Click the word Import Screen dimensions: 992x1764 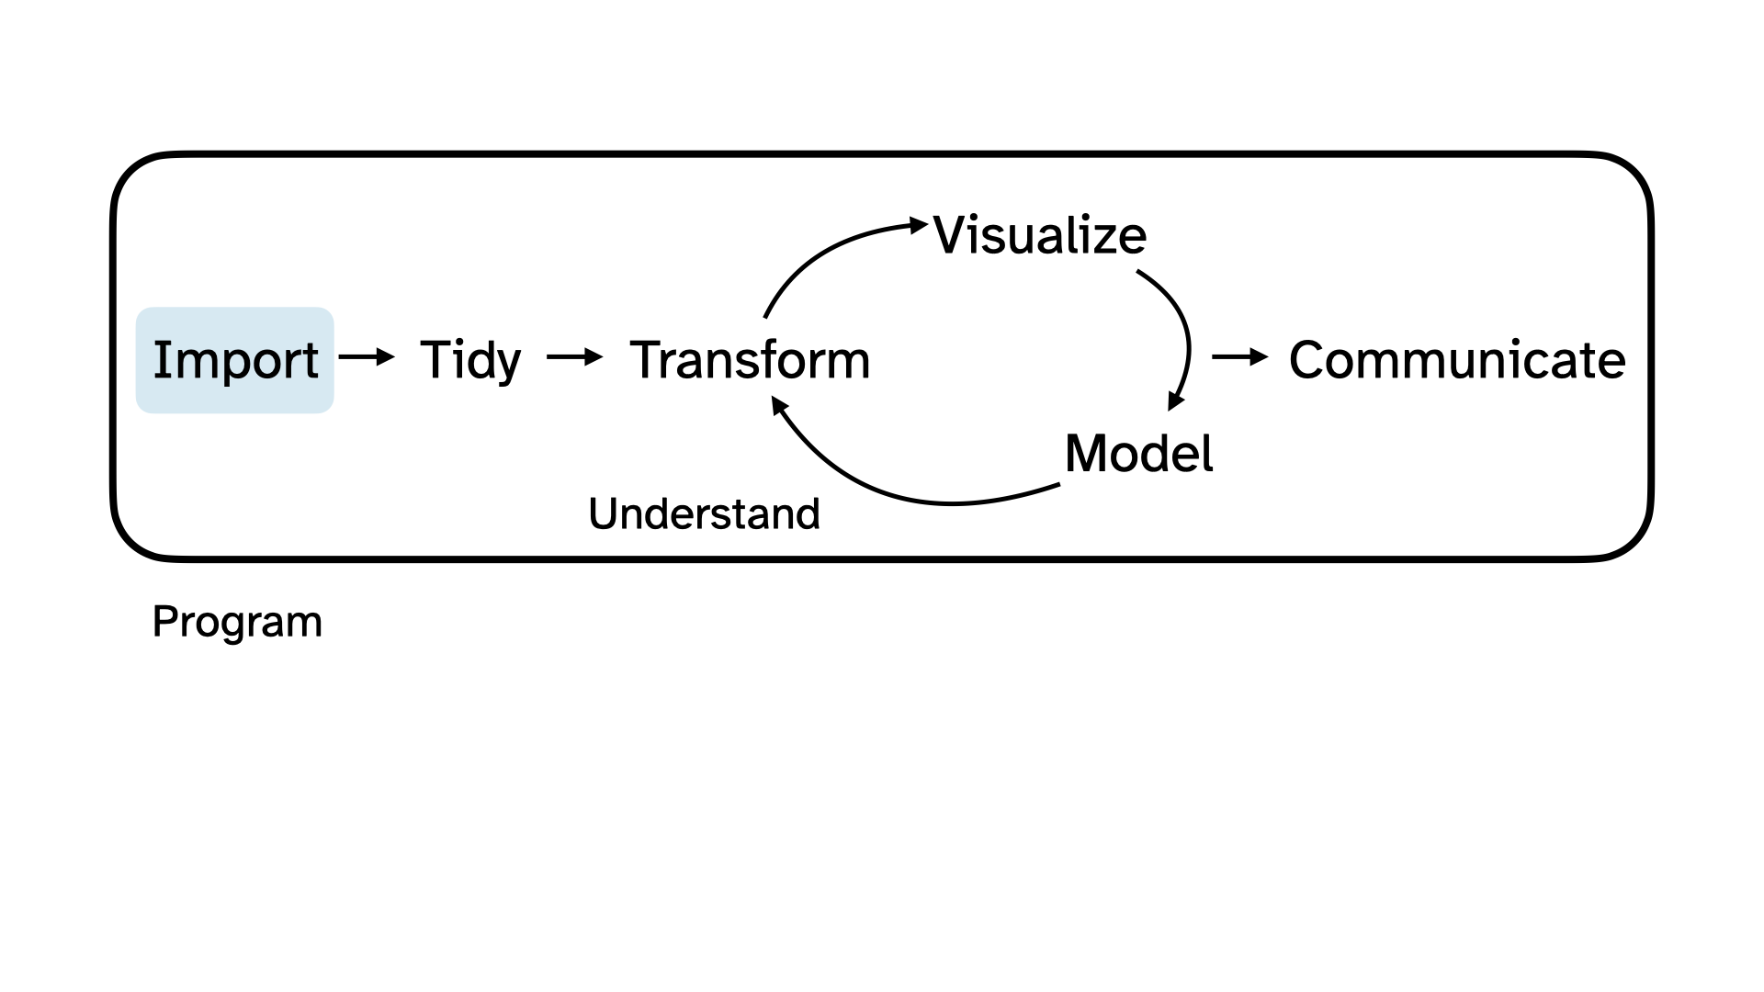point(235,360)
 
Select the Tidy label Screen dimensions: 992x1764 point(470,360)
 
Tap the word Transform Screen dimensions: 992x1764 point(750,360)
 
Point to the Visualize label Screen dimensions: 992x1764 point(1040,236)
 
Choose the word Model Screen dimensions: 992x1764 point(1138,454)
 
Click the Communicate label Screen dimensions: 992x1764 point(1457,360)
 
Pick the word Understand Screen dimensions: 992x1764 point(704,514)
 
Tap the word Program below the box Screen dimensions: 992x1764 point(237,623)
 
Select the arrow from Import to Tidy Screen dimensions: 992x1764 point(367,356)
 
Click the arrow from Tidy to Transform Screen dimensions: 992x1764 point(575,356)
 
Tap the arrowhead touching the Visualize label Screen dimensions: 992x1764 point(919,224)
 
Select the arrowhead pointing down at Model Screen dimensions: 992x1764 point(1175,401)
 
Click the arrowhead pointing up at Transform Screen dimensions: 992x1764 point(779,406)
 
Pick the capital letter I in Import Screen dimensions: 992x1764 point(163,359)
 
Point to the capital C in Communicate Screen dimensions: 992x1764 point(1308,360)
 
